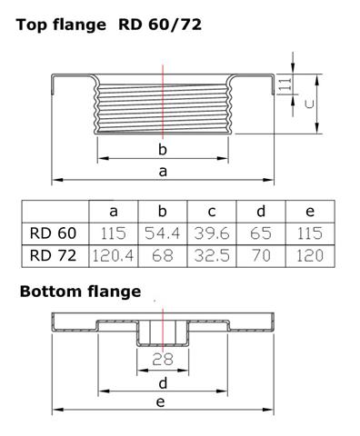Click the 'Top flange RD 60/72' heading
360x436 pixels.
tap(109, 25)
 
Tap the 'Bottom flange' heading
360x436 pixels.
tap(80, 292)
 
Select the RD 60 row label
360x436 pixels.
tap(53, 233)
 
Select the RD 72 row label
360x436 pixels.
tap(53, 256)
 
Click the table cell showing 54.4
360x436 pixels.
tap(163, 233)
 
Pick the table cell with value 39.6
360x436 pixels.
tap(212, 233)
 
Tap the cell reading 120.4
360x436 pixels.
tap(114, 256)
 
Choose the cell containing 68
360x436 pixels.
tap(163, 256)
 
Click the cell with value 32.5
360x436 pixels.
tap(212, 256)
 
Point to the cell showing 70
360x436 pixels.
tap(261, 256)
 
